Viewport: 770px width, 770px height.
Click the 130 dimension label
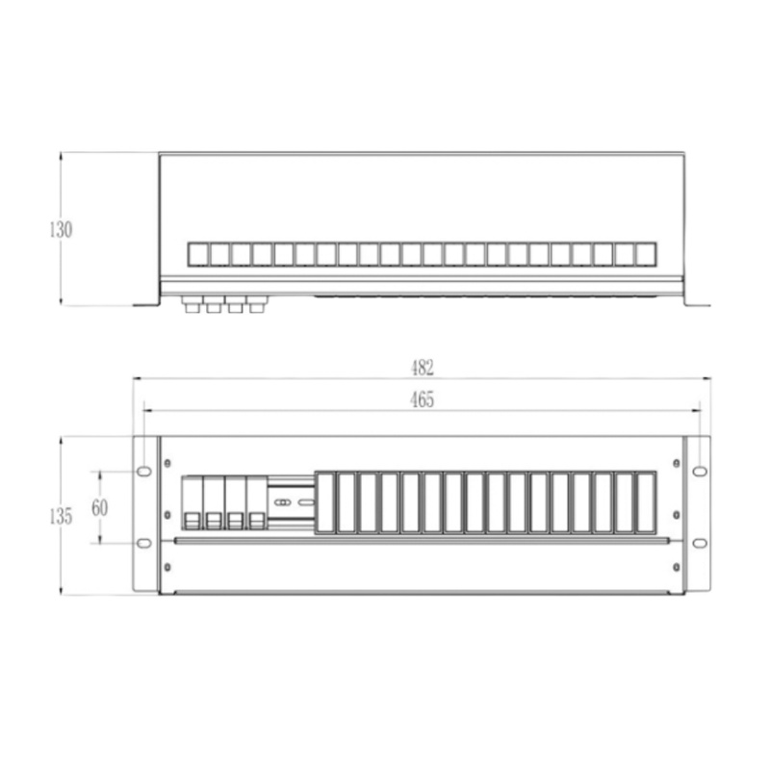(61, 229)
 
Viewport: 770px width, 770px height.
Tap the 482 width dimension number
(423, 368)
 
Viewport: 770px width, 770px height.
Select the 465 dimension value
(423, 399)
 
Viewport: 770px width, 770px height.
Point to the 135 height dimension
(61, 516)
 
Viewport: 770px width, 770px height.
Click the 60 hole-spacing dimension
(100, 508)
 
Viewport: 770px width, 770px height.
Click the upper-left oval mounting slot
(143, 472)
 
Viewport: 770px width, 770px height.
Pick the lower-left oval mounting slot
(143, 543)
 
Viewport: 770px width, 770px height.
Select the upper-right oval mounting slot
(700, 472)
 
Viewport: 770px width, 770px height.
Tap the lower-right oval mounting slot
(700, 543)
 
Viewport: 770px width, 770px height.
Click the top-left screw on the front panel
(167, 463)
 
